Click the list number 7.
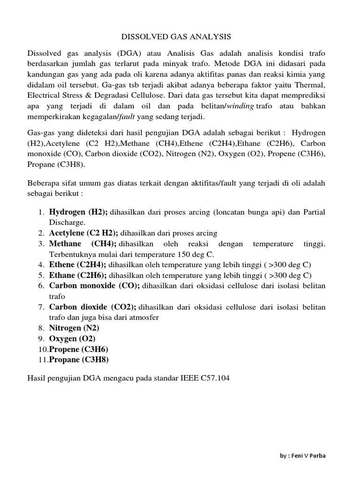tap(40, 307)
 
